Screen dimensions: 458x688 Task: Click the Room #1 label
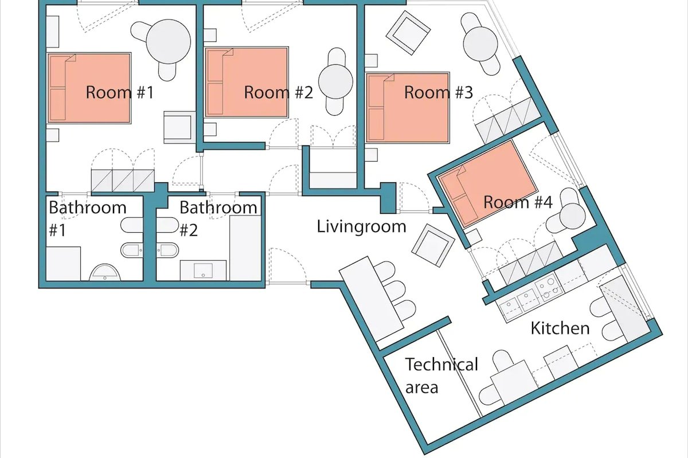click(120, 92)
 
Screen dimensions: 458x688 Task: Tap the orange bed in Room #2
click(247, 82)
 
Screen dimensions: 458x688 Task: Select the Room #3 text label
click(439, 92)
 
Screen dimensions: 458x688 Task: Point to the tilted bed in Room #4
click(487, 182)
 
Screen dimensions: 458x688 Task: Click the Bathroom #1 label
click(86, 217)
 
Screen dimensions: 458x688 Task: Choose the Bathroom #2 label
click(218, 217)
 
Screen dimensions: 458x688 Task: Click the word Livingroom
click(361, 226)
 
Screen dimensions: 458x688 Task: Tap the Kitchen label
click(560, 328)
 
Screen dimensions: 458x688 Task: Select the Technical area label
click(440, 375)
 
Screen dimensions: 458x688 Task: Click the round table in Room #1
click(168, 41)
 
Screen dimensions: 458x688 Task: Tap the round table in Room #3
click(480, 43)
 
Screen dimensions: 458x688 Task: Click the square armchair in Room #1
click(177, 127)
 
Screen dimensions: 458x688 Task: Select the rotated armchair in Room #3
click(408, 33)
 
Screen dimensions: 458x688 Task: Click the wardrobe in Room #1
click(123, 181)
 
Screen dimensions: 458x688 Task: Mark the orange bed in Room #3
click(407, 107)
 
